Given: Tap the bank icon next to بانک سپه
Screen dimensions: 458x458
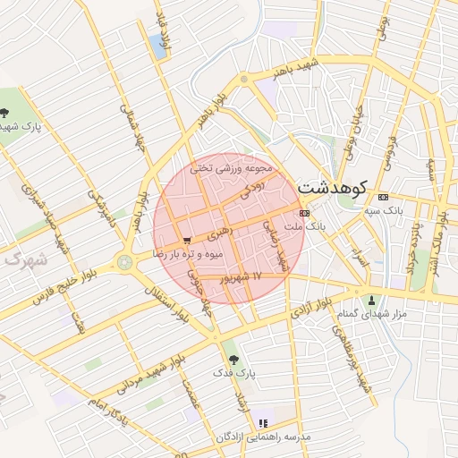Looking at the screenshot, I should point(384,197).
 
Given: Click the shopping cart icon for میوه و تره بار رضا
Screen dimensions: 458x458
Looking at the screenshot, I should point(186,240).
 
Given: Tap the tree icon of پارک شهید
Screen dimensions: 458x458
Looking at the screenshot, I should point(5,113).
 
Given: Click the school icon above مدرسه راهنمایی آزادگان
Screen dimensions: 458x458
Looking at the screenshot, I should point(262,422).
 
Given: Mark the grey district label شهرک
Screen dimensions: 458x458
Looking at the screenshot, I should point(22,260).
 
